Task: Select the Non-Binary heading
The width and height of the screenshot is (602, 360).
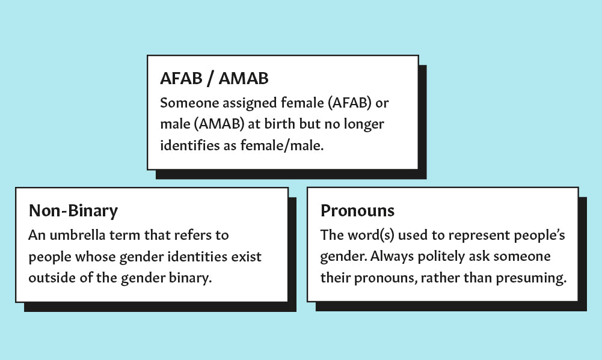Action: tap(73, 211)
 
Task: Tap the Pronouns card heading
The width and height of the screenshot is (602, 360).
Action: tap(358, 211)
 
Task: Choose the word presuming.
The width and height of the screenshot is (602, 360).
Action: tap(536, 278)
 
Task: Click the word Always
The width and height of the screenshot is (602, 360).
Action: tap(391, 257)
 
